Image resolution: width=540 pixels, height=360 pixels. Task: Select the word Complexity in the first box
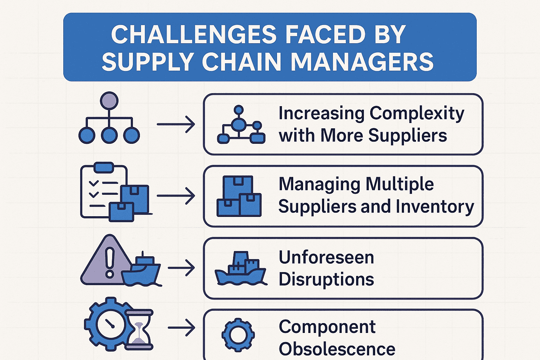click(417, 114)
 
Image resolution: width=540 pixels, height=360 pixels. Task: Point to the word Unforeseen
click(326, 257)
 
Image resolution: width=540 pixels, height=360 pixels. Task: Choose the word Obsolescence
click(337, 349)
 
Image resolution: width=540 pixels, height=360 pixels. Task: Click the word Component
click(327, 327)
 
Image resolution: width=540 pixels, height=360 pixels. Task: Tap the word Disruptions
click(326, 279)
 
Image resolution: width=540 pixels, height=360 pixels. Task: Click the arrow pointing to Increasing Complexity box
click(176, 124)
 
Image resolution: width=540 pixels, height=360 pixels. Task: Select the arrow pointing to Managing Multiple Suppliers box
click(176, 196)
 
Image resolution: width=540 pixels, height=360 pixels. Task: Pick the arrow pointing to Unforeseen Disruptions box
click(181, 268)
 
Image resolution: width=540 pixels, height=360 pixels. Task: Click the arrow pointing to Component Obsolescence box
click(181, 328)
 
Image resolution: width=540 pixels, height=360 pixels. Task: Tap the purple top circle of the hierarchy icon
click(109, 101)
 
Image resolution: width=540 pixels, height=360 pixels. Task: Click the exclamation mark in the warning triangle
click(110, 262)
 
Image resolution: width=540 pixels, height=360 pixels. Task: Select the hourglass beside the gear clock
click(140, 329)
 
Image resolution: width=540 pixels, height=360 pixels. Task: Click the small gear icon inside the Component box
click(238, 334)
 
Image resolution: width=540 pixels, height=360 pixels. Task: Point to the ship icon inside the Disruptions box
click(241, 269)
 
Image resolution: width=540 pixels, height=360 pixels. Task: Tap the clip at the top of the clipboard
click(104, 167)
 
